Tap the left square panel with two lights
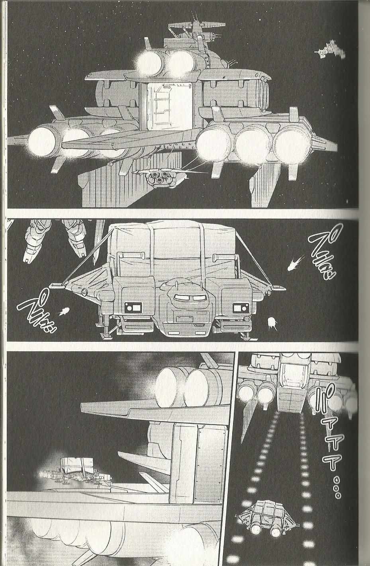click(133, 307)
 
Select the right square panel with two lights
click(240, 307)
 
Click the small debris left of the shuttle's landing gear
click(64, 311)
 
